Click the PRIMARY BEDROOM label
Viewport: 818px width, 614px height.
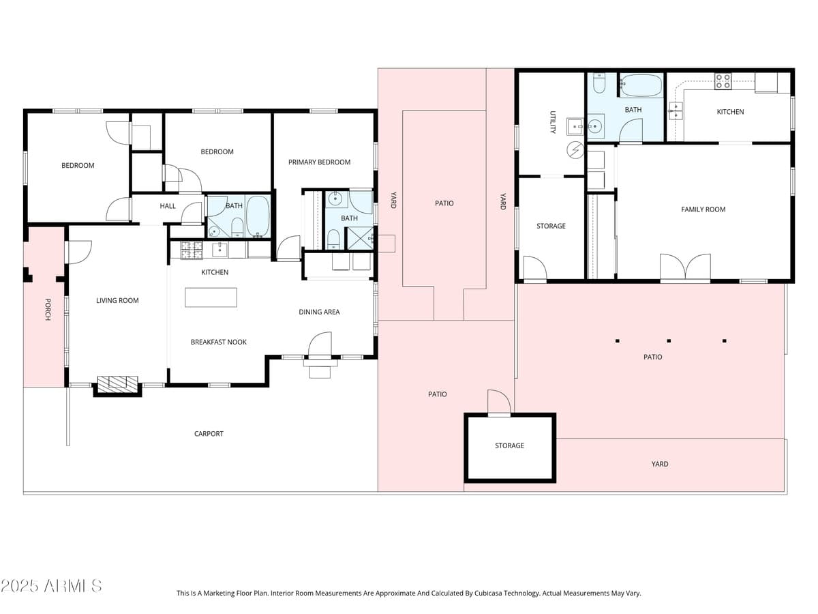[x=319, y=162]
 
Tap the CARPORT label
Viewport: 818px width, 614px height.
[x=209, y=434]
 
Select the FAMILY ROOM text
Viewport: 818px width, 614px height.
[x=703, y=209]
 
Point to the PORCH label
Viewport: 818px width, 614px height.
[x=48, y=310]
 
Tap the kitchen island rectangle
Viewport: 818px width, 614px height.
[x=211, y=297]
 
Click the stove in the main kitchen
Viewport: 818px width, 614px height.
[x=192, y=250]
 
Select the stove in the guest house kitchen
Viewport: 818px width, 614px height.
[x=723, y=81]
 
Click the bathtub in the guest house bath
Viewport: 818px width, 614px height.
[x=641, y=85]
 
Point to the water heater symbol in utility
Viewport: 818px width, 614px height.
[x=575, y=150]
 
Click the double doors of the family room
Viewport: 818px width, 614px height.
[x=685, y=267]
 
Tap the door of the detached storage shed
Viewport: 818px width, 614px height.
[x=499, y=402]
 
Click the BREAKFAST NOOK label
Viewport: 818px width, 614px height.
[x=219, y=342]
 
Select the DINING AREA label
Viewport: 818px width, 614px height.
[x=319, y=312]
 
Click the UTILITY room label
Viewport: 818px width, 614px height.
[x=553, y=122]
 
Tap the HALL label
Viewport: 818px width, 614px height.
[x=168, y=206]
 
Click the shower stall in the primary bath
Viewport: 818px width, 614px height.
[x=360, y=238]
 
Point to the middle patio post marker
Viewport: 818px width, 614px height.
[x=669, y=340]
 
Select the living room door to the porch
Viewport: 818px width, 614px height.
[x=78, y=252]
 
